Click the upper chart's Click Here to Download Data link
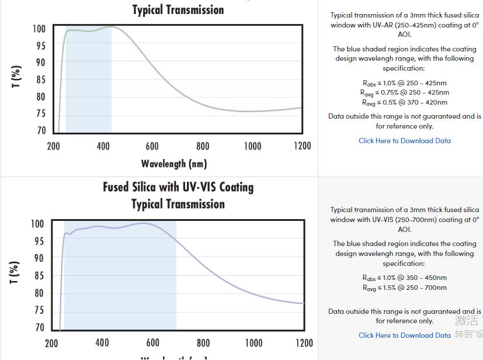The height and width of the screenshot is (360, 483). tap(404, 140)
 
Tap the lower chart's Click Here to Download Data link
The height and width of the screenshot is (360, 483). tap(404, 335)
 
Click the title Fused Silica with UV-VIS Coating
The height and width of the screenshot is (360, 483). tap(178, 187)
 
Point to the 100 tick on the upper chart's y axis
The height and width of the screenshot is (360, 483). tap(39, 29)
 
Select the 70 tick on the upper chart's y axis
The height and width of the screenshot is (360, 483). tap(40, 130)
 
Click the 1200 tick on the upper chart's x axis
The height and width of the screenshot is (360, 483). tap(303, 146)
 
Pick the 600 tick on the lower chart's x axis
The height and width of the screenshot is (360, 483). tap(152, 343)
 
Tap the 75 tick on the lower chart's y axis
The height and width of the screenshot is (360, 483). tap(39, 310)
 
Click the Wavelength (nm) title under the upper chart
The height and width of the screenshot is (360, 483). tap(174, 163)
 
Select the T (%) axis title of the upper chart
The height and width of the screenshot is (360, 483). tap(16, 77)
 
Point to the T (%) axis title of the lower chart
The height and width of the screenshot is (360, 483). tap(15, 272)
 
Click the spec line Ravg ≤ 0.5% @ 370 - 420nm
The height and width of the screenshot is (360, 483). tap(404, 102)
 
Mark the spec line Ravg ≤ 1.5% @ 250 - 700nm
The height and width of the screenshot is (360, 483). tap(404, 288)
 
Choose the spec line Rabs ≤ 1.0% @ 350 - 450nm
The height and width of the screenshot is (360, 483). tap(404, 278)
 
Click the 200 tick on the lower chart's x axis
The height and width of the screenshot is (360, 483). tap(51, 343)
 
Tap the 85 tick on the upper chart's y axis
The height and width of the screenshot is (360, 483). tap(40, 79)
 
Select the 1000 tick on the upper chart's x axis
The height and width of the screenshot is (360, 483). tap(252, 146)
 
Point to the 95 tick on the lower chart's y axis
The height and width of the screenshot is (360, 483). tap(39, 241)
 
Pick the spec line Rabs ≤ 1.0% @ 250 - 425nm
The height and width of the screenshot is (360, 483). tap(404, 83)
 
